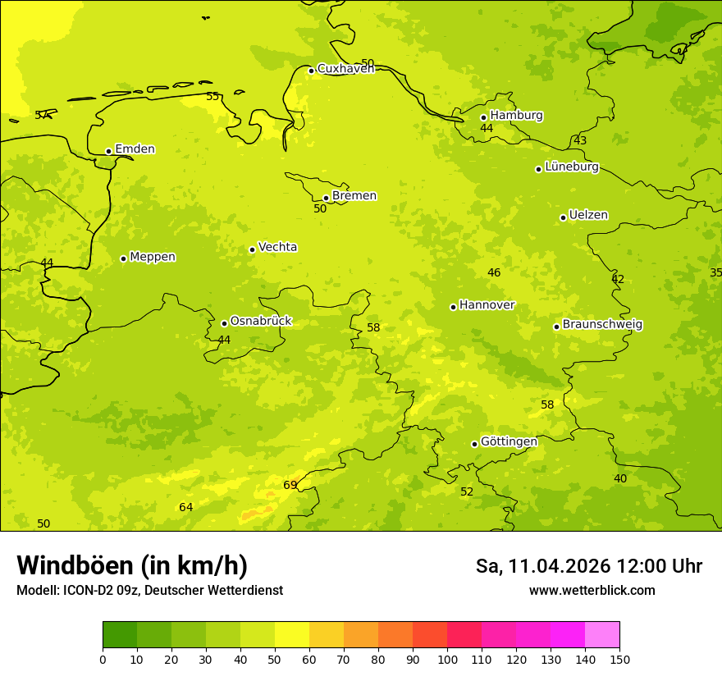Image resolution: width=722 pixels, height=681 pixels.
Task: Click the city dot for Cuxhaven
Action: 311,71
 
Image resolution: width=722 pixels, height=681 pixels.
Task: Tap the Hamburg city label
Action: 516,116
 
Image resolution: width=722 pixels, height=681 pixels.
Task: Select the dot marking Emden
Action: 108,151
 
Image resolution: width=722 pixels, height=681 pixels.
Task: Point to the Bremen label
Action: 354,196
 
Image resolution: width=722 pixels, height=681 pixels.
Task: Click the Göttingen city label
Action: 509,441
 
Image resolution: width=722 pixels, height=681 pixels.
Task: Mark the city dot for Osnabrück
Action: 224,323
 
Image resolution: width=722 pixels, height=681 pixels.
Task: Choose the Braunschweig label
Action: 602,325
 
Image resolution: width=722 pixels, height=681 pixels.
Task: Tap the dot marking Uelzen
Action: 563,217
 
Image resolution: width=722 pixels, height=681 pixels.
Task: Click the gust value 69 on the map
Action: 290,485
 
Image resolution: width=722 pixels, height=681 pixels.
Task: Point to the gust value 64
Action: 186,507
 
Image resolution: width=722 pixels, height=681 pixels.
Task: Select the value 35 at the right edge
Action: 715,272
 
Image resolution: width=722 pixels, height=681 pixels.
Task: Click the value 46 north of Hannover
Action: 494,272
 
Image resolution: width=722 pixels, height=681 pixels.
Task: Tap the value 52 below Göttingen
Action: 467,491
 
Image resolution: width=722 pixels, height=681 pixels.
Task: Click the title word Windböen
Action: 75,565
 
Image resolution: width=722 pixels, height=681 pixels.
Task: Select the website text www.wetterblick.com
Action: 592,590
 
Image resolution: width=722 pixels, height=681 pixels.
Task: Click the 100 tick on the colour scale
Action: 447,659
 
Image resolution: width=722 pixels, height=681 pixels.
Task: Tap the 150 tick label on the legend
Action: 619,659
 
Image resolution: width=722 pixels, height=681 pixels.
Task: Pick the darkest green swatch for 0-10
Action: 120,634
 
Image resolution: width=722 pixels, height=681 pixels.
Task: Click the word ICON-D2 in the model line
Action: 90,590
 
